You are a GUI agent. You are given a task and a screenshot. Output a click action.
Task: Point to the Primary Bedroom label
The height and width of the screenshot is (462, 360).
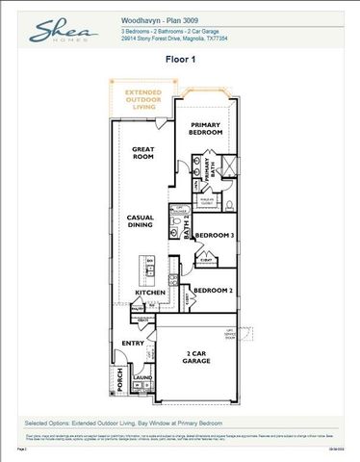(206, 130)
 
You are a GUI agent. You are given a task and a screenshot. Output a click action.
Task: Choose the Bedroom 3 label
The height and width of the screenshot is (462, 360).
(214, 235)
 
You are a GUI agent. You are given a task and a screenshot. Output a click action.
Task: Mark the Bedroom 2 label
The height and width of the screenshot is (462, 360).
(212, 290)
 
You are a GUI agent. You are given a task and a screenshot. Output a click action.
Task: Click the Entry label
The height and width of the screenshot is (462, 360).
(132, 343)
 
